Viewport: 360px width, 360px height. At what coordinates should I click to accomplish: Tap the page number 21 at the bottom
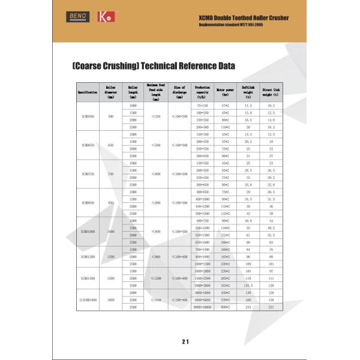tap(185, 341)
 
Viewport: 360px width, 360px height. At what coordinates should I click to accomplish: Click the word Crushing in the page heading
tap(123, 65)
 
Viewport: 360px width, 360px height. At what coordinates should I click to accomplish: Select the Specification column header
tap(88, 92)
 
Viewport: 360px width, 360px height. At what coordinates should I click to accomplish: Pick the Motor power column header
tap(225, 92)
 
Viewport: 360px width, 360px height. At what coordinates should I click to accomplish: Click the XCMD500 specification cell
tap(88, 116)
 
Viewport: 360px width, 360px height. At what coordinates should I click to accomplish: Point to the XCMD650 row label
tap(88, 145)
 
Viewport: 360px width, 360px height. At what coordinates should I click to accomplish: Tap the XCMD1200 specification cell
tap(88, 256)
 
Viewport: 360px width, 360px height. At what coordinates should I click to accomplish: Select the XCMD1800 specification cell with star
tap(88, 299)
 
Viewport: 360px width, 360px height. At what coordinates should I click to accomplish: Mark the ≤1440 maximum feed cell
tap(156, 299)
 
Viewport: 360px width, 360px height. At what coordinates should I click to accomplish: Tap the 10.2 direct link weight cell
tap(271, 106)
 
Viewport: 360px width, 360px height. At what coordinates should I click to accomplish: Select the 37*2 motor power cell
tap(225, 106)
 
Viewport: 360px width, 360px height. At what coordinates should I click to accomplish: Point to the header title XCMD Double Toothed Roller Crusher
tap(243, 18)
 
